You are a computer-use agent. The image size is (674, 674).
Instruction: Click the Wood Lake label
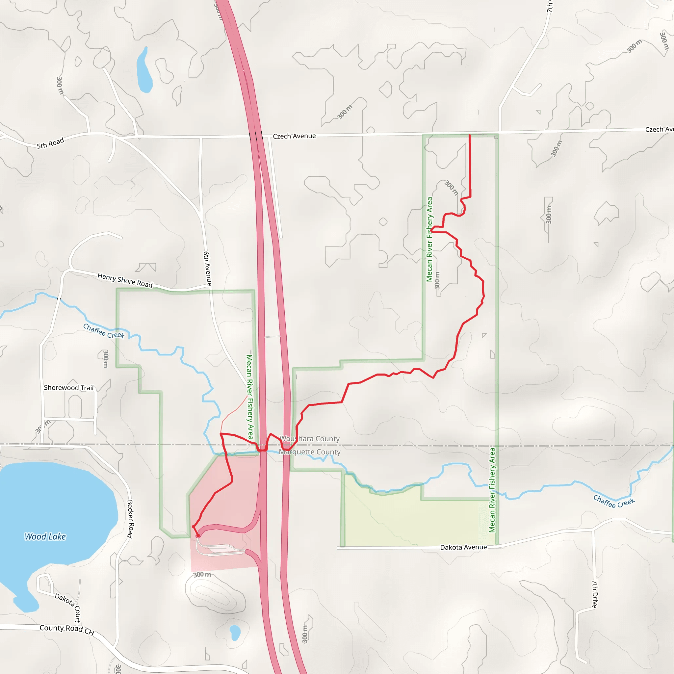pyautogui.click(x=45, y=536)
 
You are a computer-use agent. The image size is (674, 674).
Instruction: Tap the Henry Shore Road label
pyautogui.click(x=125, y=280)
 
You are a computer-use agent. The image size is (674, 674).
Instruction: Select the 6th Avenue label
pyautogui.click(x=208, y=268)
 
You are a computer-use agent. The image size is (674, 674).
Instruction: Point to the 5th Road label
pyautogui.click(x=51, y=143)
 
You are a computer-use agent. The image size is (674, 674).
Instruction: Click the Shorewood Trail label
pyautogui.click(x=69, y=388)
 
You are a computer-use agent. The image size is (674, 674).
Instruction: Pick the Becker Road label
pyautogui.click(x=130, y=519)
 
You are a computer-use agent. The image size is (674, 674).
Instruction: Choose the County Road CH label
pyautogui.click(x=66, y=630)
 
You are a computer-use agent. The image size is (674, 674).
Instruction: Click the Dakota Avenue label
pyautogui.click(x=463, y=547)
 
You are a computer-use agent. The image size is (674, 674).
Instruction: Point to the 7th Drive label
pyautogui.click(x=595, y=594)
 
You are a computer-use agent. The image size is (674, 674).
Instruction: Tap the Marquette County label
pyautogui.click(x=310, y=452)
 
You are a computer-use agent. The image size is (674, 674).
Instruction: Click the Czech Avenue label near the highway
pyautogui.click(x=294, y=136)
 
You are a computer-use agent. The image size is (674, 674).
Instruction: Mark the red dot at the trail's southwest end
pyautogui.click(x=198, y=535)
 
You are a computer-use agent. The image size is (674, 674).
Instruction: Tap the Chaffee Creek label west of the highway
pyautogui.click(x=104, y=331)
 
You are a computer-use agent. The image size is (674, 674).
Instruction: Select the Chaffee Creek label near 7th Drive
pyautogui.click(x=614, y=502)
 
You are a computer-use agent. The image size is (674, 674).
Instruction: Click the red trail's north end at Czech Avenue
pyautogui.click(x=470, y=135)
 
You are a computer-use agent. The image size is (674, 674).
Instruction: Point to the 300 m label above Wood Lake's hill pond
pyautogui.click(x=202, y=574)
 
